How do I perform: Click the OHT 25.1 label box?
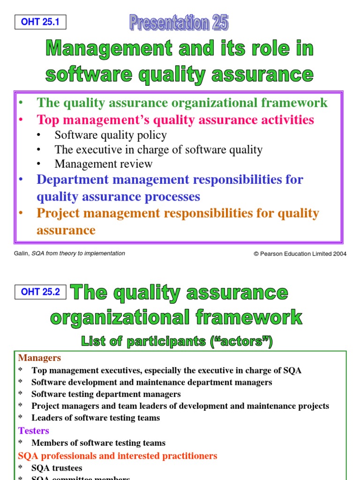40,22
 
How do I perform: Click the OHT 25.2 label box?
40,292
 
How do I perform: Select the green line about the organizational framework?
182,103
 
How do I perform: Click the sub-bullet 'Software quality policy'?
110,135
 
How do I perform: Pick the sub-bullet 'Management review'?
103,164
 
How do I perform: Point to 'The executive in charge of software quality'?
158,150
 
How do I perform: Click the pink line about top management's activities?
175,120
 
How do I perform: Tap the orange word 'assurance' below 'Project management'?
66,230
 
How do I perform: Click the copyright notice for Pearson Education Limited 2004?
300,254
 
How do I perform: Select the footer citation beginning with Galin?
70,254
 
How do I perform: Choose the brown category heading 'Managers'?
39,358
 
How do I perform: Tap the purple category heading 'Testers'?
33,430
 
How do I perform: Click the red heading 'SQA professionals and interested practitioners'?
118,456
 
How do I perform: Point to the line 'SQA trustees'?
57,468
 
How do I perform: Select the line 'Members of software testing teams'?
98,443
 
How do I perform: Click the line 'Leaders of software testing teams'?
96,418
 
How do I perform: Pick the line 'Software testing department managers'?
106,394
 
